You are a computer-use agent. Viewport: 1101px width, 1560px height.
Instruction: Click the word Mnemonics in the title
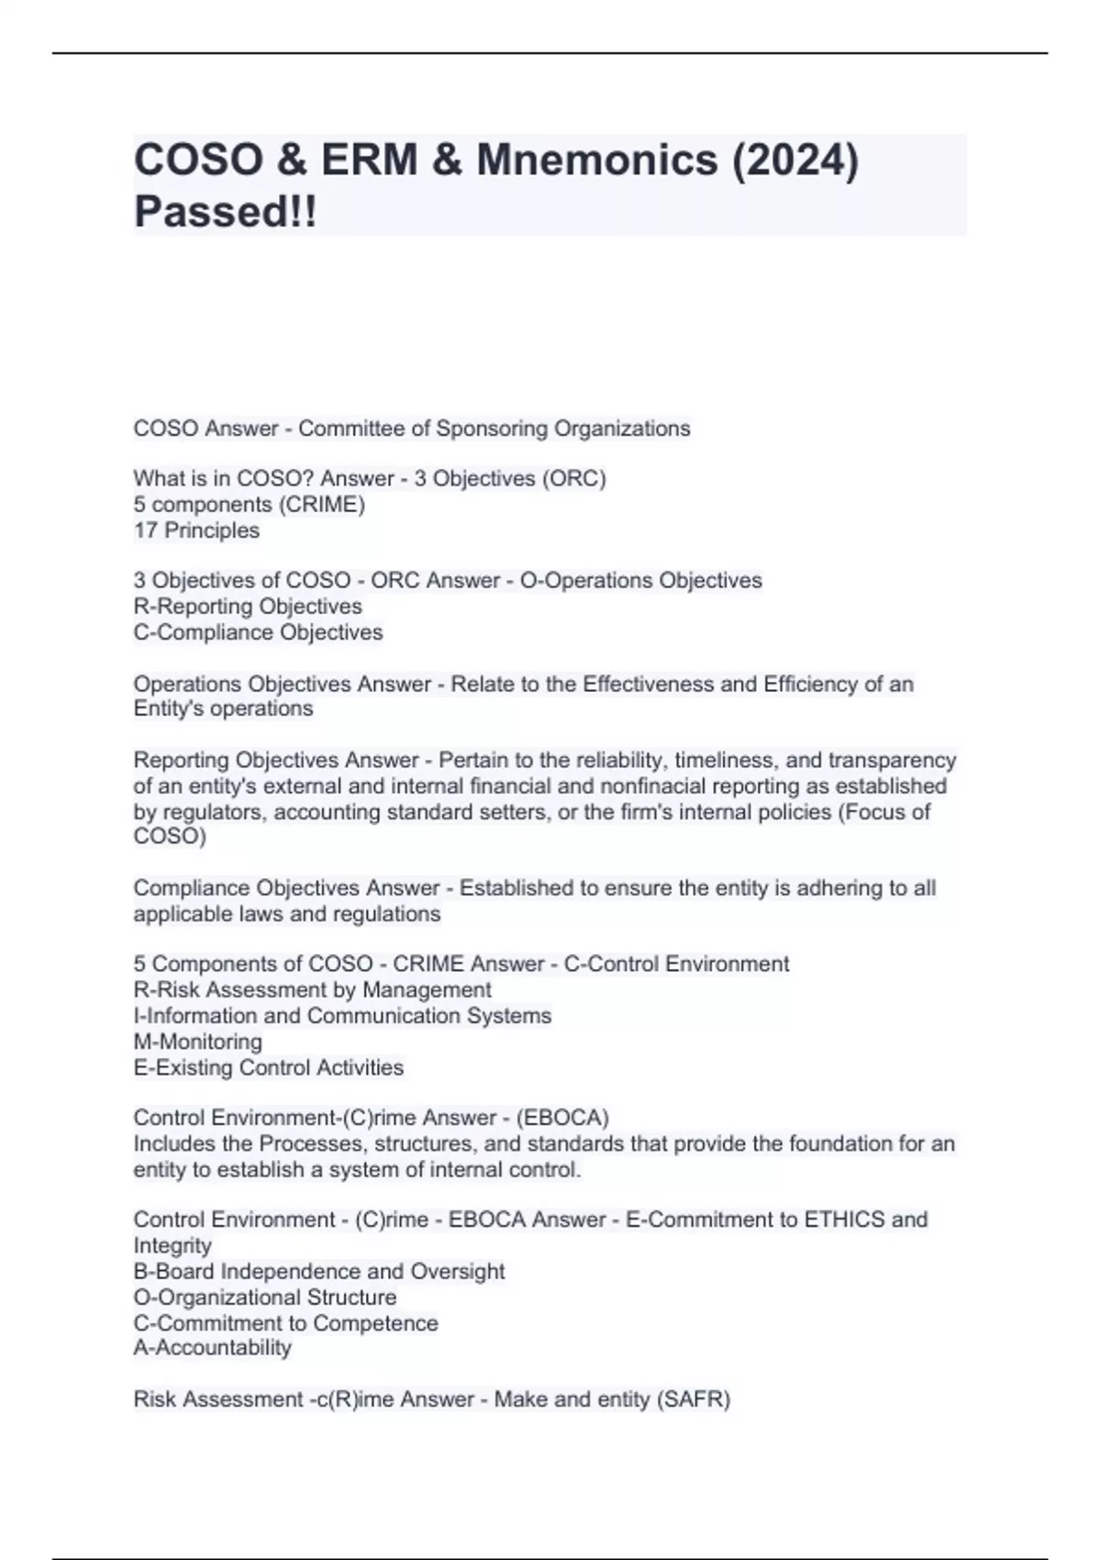tap(596, 160)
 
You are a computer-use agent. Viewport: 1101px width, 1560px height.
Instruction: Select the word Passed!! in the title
tap(226, 212)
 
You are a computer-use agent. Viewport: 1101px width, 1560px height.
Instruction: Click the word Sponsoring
tap(486, 429)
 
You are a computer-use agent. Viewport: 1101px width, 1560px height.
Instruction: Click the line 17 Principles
tap(196, 530)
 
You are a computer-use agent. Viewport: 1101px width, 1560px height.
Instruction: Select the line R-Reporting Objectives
tap(248, 607)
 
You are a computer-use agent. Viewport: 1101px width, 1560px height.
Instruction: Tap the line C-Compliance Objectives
tap(258, 632)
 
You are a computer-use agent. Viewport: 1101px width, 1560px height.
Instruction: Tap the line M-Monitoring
tap(197, 1042)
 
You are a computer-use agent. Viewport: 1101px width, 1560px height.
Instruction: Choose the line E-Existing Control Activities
tap(268, 1067)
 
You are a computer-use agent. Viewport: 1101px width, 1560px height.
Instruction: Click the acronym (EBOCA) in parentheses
tap(563, 1118)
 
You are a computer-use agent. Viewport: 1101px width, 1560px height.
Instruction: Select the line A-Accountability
tap(212, 1348)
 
